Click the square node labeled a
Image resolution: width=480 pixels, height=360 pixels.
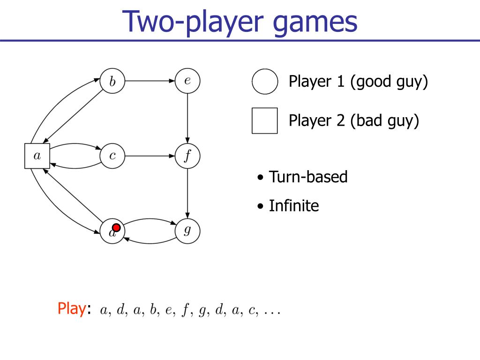[x=37, y=156]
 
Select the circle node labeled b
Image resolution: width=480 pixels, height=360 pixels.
[x=112, y=81]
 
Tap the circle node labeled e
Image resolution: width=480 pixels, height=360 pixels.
[x=187, y=81]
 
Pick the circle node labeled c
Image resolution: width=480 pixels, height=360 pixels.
[x=112, y=156]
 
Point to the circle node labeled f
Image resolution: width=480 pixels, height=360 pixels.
[x=187, y=156]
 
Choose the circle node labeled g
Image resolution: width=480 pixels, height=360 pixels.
[x=187, y=231]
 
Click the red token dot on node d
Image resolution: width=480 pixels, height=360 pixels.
[x=117, y=228]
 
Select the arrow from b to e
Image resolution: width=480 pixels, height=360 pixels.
[x=150, y=81]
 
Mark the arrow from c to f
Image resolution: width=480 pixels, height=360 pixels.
[x=150, y=156]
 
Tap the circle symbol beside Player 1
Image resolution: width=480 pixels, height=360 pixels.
[x=265, y=82]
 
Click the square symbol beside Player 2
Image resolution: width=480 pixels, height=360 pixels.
[x=265, y=121]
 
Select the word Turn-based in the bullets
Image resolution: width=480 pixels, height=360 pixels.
[x=308, y=177]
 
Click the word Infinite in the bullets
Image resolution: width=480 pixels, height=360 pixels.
[x=294, y=206]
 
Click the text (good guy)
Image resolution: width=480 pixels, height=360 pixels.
[x=389, y=82]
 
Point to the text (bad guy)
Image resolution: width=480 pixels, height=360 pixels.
[x=384, y=121]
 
